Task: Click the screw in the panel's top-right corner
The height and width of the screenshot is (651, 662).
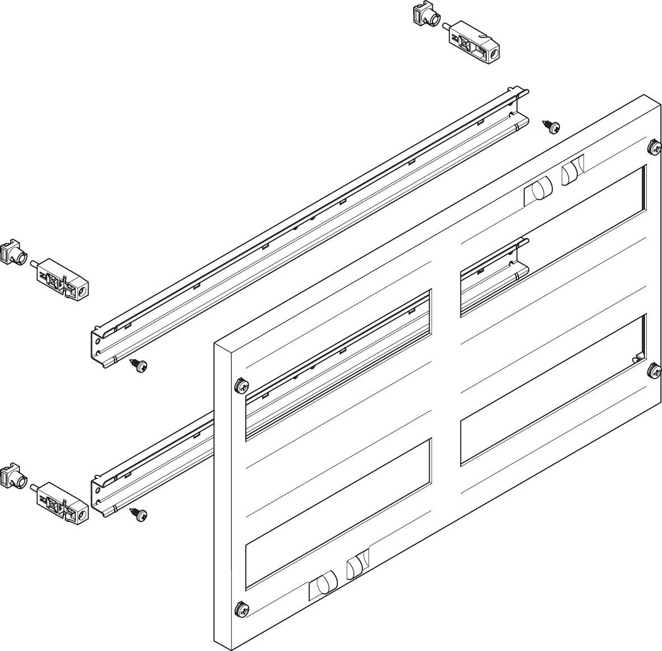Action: pyautogui.click(x=654, y=148)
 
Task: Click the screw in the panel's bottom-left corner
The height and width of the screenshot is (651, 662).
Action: pyautogui.click(x=241, y=607)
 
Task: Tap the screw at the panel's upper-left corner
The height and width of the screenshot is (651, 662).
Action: pyautogui.click(x=241, y=385)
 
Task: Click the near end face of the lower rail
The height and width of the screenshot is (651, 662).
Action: pyautogui.click(x=98, y=495)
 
